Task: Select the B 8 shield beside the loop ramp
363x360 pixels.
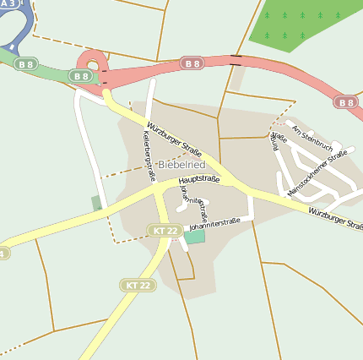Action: tap(80, 76)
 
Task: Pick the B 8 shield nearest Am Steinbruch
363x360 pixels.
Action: tap(344, 102)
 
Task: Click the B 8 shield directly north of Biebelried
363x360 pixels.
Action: tap(192, 63)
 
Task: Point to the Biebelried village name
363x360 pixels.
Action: tap(181, 164)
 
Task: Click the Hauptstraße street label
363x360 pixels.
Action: tap(199, 179)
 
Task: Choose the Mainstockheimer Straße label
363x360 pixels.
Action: tap(317, 173)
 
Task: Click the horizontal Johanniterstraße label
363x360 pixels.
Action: tap(214, 222)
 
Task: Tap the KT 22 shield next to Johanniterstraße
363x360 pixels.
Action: tap(164, 230)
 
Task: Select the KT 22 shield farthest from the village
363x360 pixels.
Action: tap(138, 285)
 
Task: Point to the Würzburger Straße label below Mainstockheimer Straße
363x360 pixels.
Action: tap(335, 219)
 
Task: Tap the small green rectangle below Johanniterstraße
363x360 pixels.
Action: tap(195, 237)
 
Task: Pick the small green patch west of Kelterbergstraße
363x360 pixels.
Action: tap(96, 203)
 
